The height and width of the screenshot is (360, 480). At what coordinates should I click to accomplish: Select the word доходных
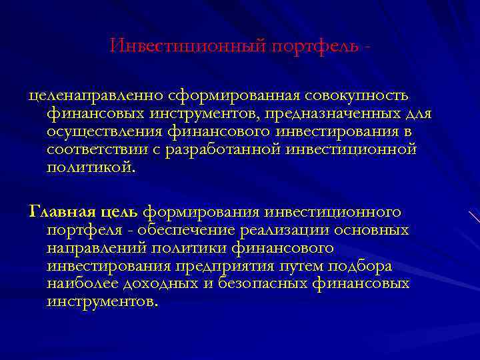(x=171, y=283)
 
